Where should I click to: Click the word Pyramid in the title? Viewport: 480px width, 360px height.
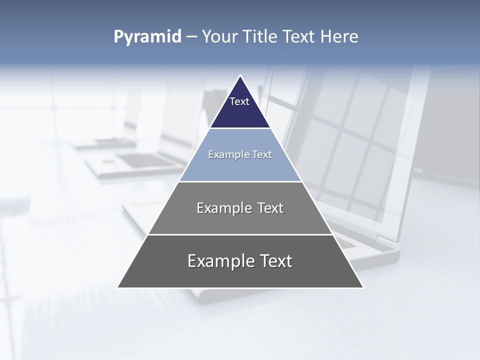point(147,37)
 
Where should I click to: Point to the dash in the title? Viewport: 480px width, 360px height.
point(191,37)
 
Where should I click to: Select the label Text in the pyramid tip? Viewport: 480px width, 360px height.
point(239,101)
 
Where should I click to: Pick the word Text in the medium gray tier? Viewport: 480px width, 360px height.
point(270,208)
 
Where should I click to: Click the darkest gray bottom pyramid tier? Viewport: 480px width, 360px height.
point(240,275)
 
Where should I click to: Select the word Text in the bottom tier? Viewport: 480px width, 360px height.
point(275,261)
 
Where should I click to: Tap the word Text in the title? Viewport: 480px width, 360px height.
point(299,37)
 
